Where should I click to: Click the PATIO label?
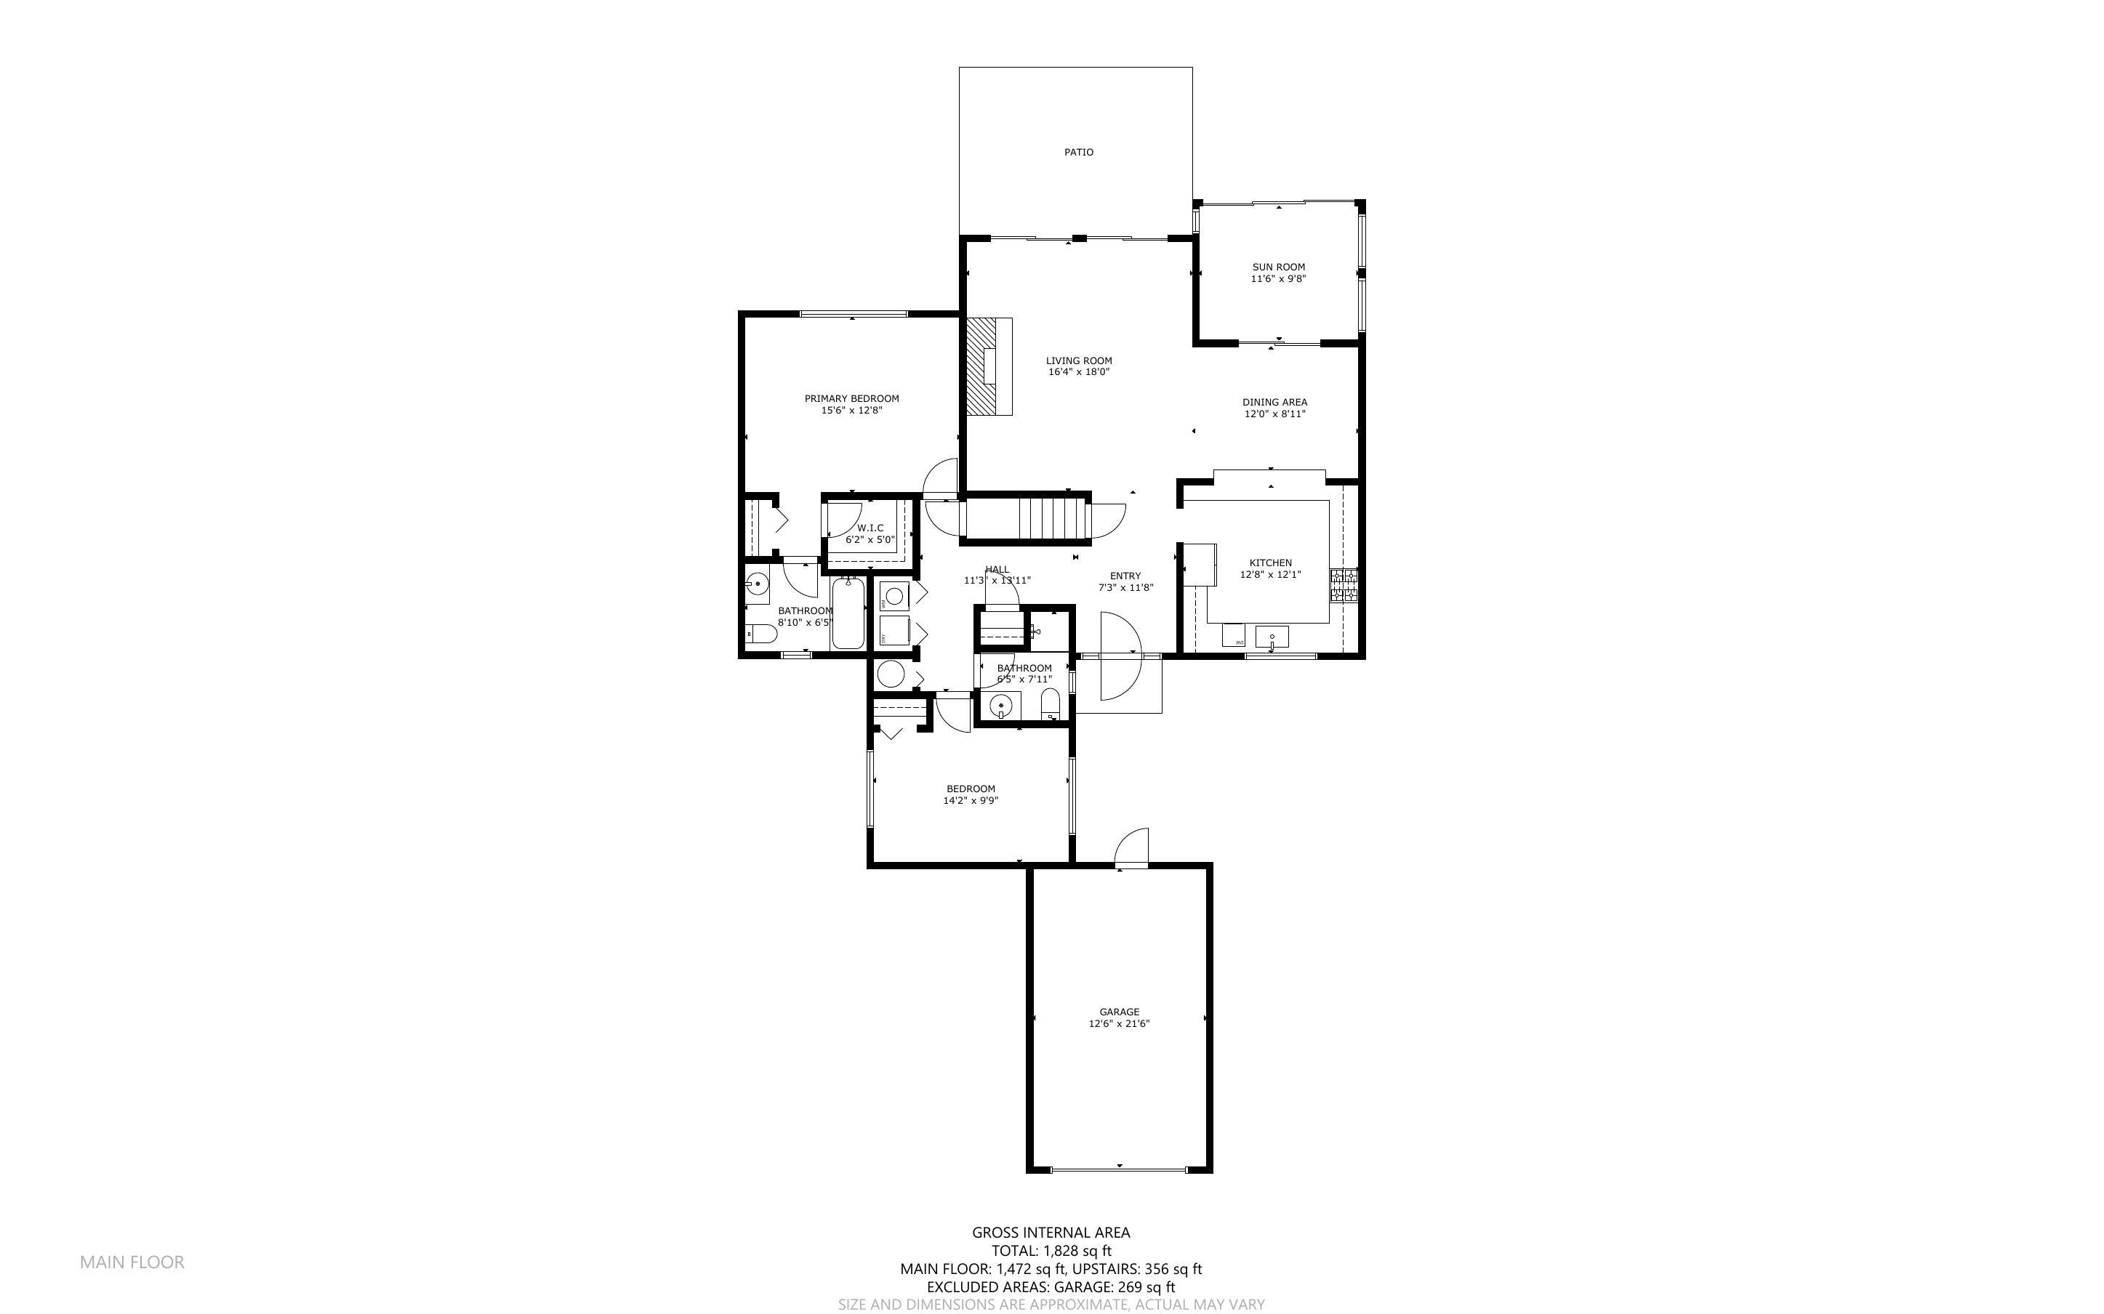(1078, 152)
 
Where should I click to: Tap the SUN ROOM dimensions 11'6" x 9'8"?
(1278, 280)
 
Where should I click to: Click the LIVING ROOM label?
(1078, 360)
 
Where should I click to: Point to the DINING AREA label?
(1274, 403)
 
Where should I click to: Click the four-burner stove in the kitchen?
(1344, 587)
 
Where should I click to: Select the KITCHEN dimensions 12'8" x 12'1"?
(1271, 574)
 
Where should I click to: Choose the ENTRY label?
(1125, 576)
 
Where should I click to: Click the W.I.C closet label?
(870, 528)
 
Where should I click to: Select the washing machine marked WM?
(894, 597)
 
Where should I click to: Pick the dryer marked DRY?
(894, 630)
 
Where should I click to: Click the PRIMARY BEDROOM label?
(851, 399)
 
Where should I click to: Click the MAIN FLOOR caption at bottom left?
(132, 1262)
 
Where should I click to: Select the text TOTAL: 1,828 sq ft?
(1051, 1251)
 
